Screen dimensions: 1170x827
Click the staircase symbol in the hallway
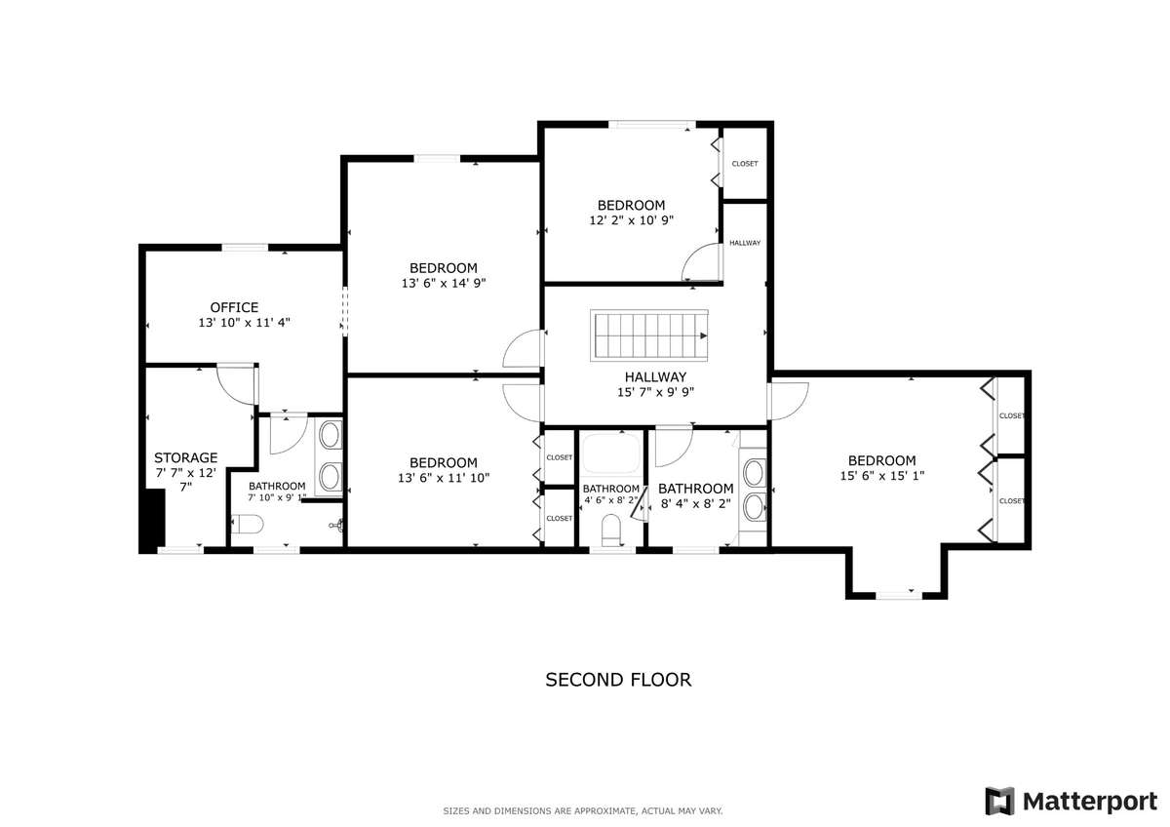pos(649,335)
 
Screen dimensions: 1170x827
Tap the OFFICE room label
pos(234,307)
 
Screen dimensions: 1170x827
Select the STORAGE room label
pos(185,457)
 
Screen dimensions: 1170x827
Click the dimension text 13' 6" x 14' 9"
pos(444,283)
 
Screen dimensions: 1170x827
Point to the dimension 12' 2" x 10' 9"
pos(631,220)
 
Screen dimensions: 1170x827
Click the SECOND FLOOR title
pos(618,680)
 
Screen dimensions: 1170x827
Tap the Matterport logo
pos(1072,801)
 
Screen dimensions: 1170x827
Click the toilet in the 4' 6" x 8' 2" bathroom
pos(610,530)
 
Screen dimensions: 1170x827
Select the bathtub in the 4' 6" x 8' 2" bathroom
pos(610,453)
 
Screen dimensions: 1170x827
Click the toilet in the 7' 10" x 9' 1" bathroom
pos(247,524)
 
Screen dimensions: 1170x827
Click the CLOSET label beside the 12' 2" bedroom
pos(744,164)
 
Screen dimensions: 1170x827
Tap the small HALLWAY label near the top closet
pos(745,243)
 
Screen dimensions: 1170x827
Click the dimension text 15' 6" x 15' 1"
pos(882,476)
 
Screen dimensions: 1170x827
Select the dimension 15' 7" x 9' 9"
pos(655,392)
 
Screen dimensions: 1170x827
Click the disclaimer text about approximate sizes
pos(583,810)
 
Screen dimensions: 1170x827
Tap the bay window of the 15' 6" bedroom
pos(898,595)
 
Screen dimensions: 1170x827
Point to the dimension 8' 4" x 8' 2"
pos(696,504)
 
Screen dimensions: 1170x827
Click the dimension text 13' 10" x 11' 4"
pos(244,323)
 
